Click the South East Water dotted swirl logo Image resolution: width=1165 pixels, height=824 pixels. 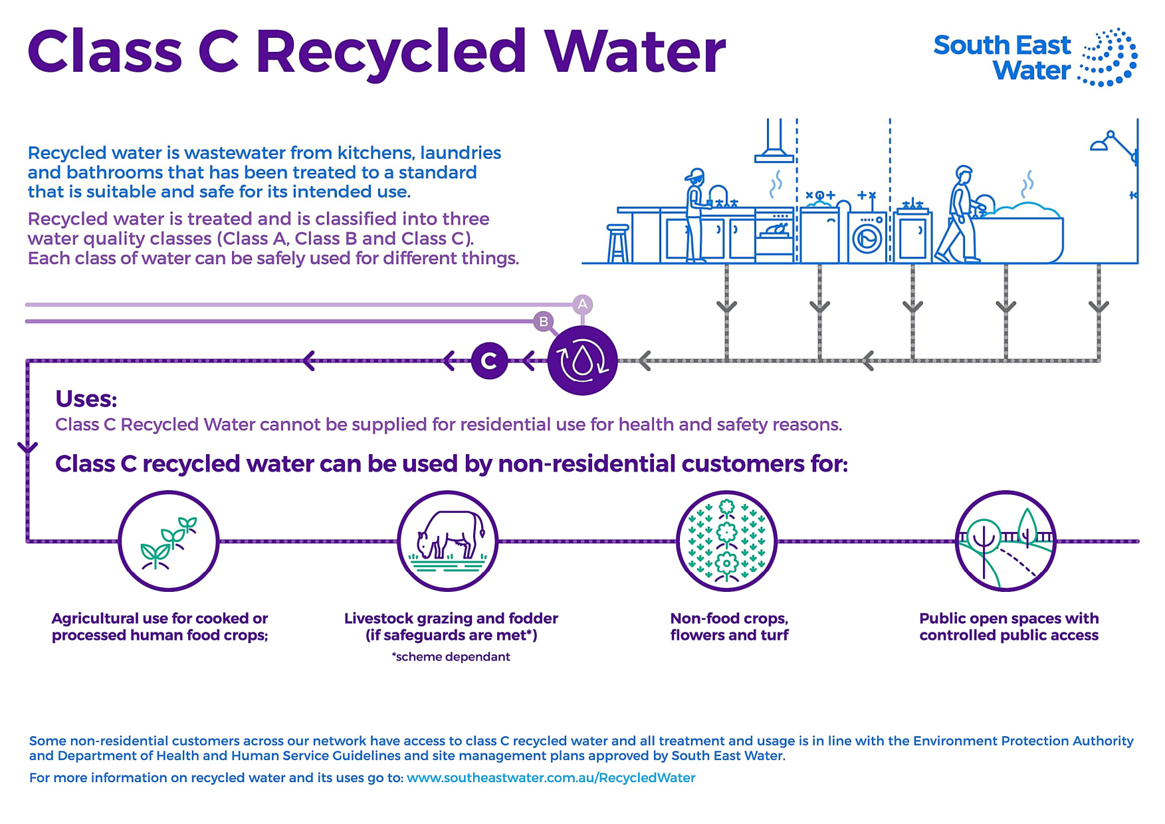[x=1108, y=57]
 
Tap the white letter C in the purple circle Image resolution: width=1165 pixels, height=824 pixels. [x=489, y=361]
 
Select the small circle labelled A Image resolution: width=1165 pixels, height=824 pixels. [x=582, y=305]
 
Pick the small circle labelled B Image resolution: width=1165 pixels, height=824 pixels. [x=544, y=322]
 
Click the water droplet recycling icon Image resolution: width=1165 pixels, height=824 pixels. [x=582, y=360]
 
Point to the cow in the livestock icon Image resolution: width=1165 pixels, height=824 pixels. [x=450, y=534]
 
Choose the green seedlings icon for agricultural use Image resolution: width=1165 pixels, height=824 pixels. [x=169, y=541]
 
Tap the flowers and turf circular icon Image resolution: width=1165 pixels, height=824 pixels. [x=727, y=541]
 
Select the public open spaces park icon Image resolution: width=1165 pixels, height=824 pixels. [x=1006, y=541]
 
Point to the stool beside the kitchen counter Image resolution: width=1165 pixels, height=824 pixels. [x=618, y=243]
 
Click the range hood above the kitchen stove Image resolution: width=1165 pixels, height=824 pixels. [x=774, y=140]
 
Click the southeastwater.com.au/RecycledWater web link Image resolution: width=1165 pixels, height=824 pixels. [x=551, y=777]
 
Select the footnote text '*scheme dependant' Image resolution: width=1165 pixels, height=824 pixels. [x=451, y=656]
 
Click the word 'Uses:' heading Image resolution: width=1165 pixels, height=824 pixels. [x=86, y=399]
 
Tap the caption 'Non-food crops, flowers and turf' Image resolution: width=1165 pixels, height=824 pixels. [x=729, y=626]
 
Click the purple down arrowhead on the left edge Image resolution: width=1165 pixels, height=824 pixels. [x=27, y=448]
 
